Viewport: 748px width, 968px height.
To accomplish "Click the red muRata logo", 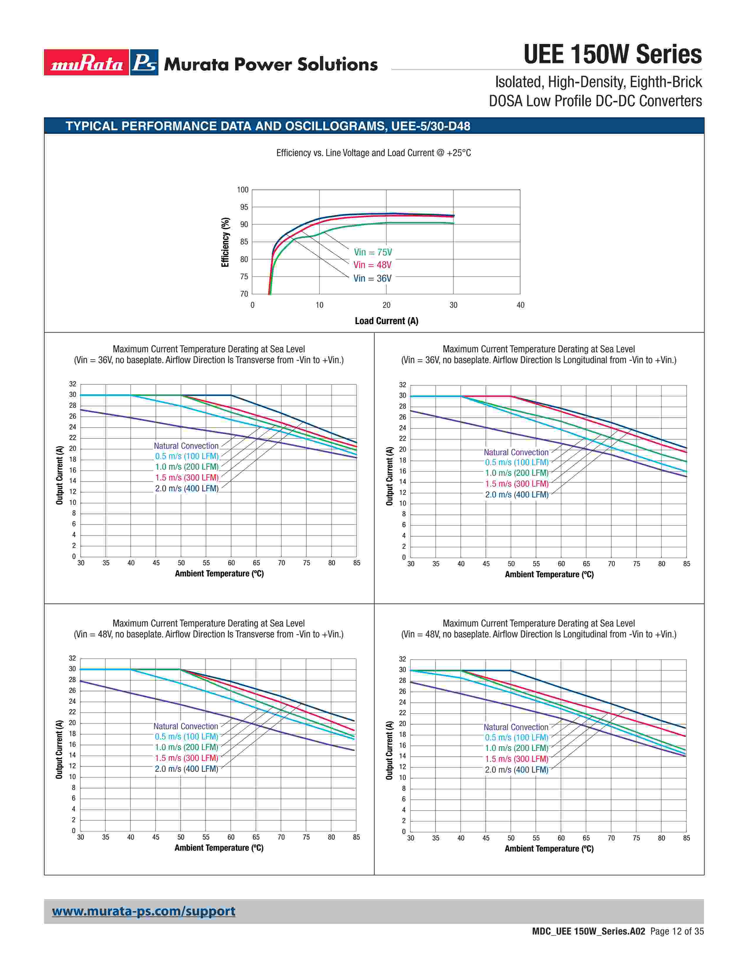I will (x=87, y=62).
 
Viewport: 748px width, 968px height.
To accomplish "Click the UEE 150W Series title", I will (x=612, y=55).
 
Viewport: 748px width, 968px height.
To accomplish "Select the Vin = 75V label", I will (x=373, y=252).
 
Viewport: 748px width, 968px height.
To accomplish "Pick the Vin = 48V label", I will (x=372, y=265).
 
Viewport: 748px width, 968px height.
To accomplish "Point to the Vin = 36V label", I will (x=372, y=278).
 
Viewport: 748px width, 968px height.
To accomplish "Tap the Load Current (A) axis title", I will (x=386, y=321).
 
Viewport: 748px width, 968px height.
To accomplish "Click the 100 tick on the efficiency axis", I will (x=242, y=190).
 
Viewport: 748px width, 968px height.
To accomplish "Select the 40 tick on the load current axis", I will (x=520, y=305).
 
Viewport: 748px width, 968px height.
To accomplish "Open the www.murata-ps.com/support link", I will (x=143, y=911).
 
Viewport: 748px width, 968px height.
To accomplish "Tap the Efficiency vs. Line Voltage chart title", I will (x=373, y=153).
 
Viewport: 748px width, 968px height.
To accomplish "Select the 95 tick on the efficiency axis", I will (x=244, y=207).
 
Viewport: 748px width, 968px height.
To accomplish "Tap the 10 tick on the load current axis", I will (x=319, y=305).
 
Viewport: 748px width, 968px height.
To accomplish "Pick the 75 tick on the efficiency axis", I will (x=244, y=277).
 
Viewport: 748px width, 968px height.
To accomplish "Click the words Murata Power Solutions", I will (x=271, y=64).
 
